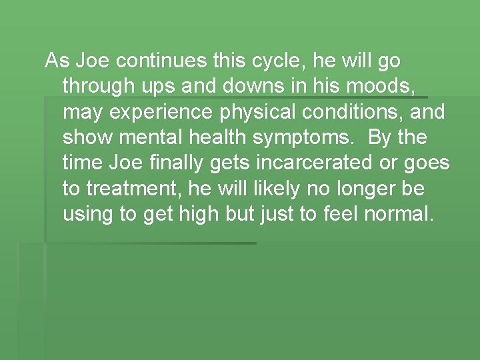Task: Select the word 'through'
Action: (x=98, y=87)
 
